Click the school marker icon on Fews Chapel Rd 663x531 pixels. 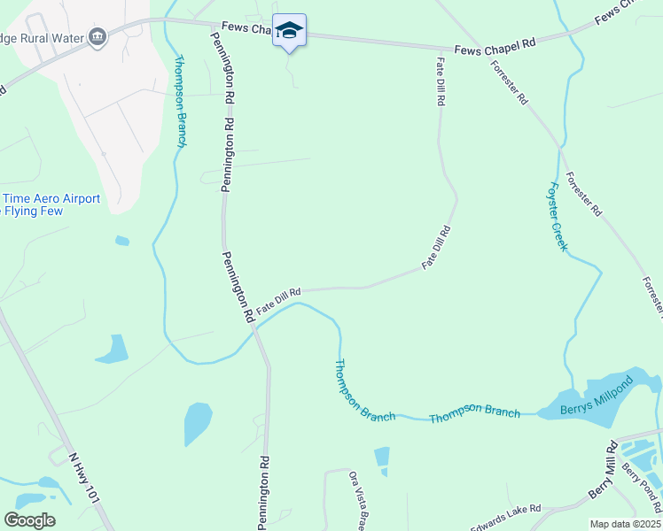pyautogui.click(x=289, y=30)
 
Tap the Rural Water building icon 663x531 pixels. pyautogui.click(x=98, y=36)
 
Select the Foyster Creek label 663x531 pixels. pyautogui.click(x=557, y=216)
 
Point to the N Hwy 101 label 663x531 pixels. pyautogui.click(x=83, y=479)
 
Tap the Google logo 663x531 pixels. pyautogui.click(x=29, y=519)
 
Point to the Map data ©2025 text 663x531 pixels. pyautogui.click(x=626, y=524)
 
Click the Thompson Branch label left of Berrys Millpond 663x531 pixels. pyautogui.click(x=474, y=412)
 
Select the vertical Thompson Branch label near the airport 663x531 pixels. pyautogui.click(x=181, y=101)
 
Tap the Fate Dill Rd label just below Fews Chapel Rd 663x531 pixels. pyautogui.click(x=440, y=81)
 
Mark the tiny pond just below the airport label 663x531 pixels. pyautogui.click(x=121, y=240)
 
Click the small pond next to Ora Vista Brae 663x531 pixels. pyautogui.click(x=382, y=457)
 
